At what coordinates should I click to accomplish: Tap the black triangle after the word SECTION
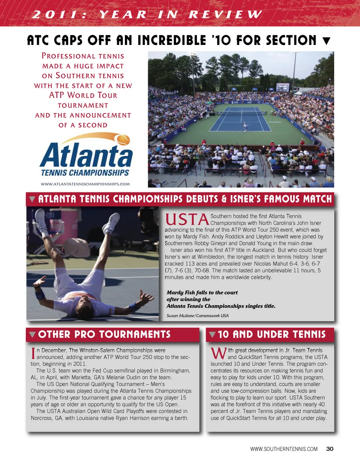coord(326,41)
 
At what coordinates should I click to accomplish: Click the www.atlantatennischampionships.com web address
coord(85,184)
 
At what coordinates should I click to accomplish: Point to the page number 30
coord(330,449)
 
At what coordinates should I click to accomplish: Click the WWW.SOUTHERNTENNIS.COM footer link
coord(284,449)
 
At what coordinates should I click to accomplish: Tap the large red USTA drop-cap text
coord(187,220)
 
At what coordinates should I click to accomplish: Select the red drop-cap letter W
coord(218,353)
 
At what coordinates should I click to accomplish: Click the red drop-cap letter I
coord(33,353)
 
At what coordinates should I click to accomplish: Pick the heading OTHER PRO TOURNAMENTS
coord(104,334)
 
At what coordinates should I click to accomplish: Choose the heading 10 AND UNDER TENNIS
coord(271,334)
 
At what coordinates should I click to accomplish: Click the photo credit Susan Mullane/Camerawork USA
coord(197,315)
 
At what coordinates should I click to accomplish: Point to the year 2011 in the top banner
coord(59,15)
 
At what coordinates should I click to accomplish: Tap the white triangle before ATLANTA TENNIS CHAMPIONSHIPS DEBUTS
coord(32,199)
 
